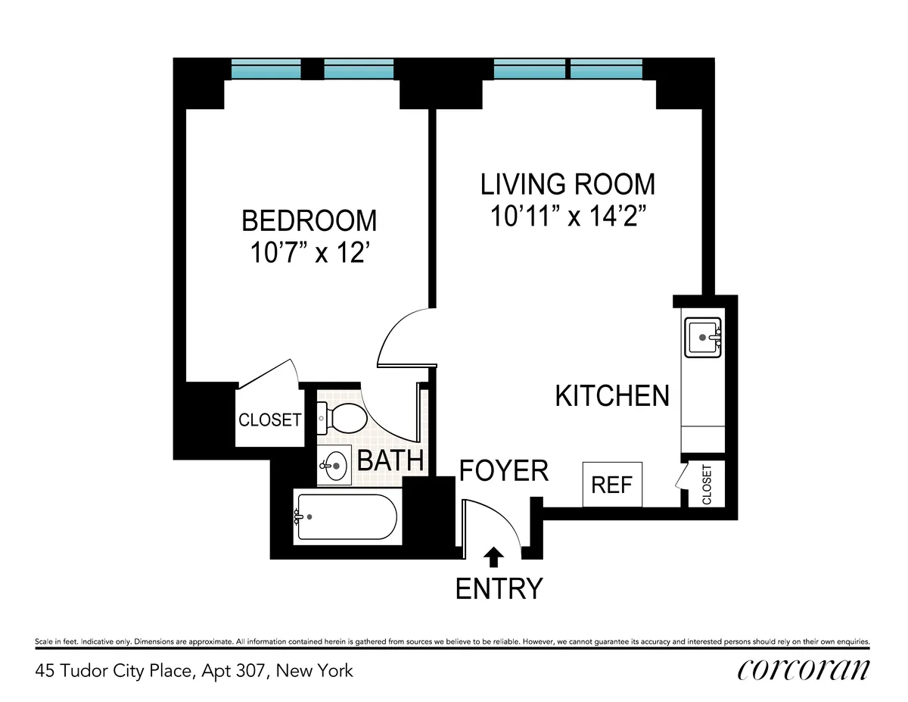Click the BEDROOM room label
309,220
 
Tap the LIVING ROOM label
568,184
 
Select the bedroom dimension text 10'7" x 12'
309,252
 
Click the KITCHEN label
612,396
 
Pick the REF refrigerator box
612,485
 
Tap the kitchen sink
704,336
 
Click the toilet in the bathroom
342,417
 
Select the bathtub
347,517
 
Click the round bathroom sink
334,464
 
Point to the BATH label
389,460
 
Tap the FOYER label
504,471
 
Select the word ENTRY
499,588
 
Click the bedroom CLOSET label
270,420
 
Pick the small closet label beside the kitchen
707,485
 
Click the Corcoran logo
803,670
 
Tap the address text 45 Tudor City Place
194,670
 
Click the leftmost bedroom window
265,69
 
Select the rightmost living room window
606,69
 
